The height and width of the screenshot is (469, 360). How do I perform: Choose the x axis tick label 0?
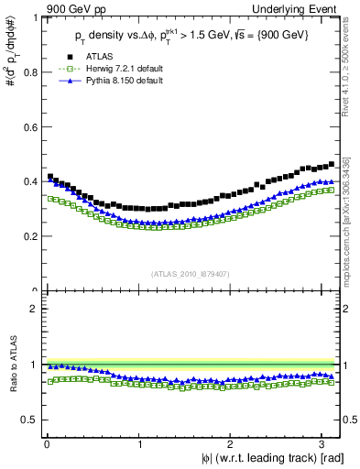[x=47, y=444]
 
